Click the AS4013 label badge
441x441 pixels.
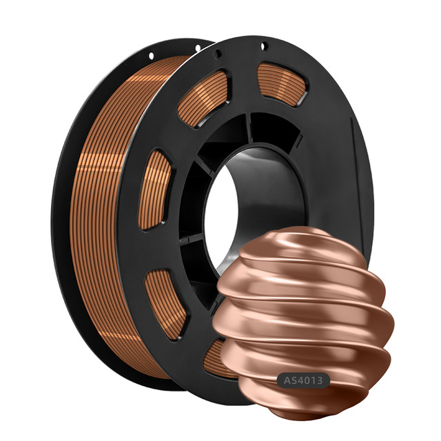pyautogui.click(x=303, y=380)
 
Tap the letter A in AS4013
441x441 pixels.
pyautogui.click(x=287, y=380)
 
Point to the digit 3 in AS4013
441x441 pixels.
pyautogui.click(x=318, y=380)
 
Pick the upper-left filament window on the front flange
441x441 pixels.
pyautogui.click(x=203, y=97)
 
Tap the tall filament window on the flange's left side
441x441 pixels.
pyautogui.click(x=154, y=190)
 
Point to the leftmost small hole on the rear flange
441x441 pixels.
pyautogui.click(x=152, y=56)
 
